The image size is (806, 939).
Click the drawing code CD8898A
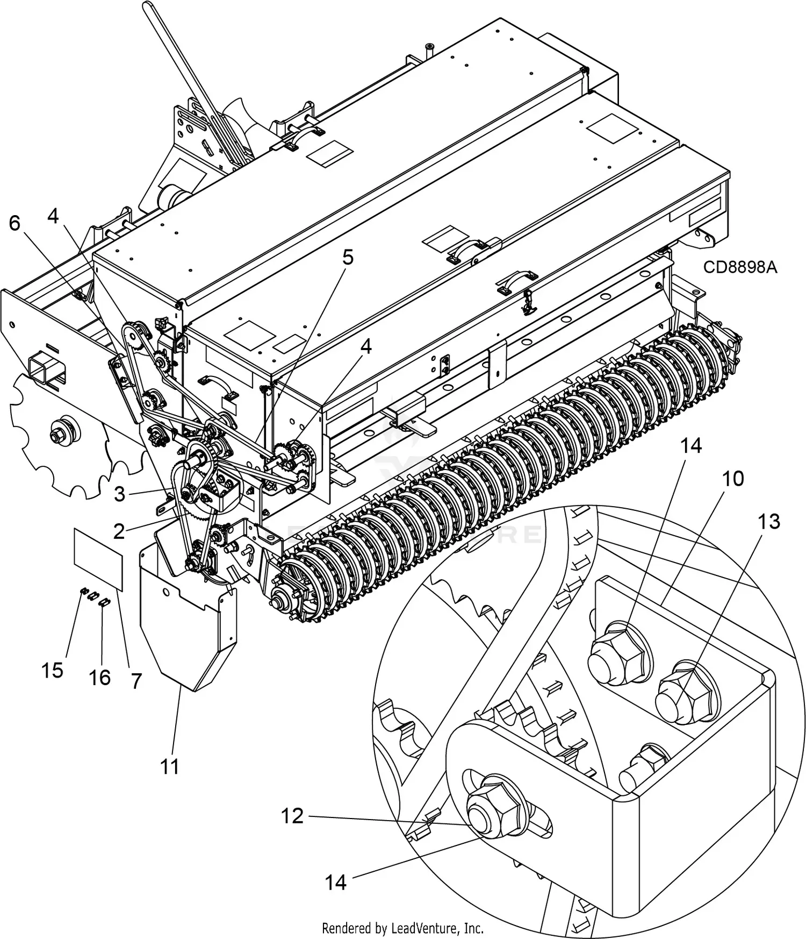(740, 267)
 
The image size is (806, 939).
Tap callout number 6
(15, 223)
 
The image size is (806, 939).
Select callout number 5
(348, 258)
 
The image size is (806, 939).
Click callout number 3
(119, 494)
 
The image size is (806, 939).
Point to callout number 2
(119, 531)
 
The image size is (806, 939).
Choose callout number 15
(52, 671)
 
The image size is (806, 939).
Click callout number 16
(100, 678)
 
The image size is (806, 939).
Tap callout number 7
(136, 681)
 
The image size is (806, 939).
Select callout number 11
(170, 766)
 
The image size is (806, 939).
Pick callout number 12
(292, 816)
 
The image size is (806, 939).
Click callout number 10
(733, 478)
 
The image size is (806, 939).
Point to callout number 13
(768, 521)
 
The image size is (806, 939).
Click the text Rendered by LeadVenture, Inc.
(402, 928)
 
